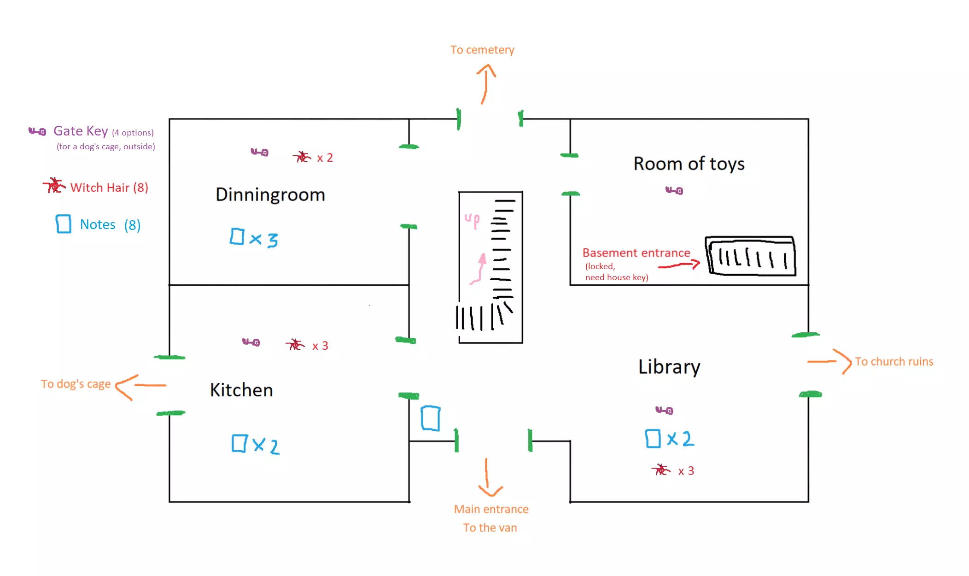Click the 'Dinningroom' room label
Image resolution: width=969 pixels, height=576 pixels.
[x=270, y=195]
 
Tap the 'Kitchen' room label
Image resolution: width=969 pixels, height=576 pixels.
[x=241, y=390]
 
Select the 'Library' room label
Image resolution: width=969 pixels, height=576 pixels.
[x=669, y=367]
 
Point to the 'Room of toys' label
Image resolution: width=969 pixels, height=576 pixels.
[x=689, y=164]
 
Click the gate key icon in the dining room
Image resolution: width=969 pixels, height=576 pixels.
[x=260, y=152]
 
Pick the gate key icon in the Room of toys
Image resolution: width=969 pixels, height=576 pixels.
[x=674, y=190]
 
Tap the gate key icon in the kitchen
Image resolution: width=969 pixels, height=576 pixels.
[x=251, y=342]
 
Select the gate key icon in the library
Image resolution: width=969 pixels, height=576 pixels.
[x=665, y=410]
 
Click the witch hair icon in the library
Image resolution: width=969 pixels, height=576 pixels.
[x=661, y=470]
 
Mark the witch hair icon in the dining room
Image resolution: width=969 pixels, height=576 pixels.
[x=302, y=157]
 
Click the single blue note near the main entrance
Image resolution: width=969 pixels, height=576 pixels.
[x=431, y=418]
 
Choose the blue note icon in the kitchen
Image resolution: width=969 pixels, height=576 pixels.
[x=239, y=443]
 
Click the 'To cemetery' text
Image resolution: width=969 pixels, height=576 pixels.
[x=482, y=50]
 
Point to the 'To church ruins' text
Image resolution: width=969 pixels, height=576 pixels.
[x=894, y=362]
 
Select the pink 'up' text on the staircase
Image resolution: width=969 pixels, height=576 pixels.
[x=472, y=220]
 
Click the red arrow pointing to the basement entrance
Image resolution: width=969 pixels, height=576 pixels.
[x=679, y=265]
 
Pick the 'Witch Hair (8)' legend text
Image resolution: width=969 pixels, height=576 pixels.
[x=109, y=188]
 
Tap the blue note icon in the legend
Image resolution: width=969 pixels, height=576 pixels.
[x=64, y=224]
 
